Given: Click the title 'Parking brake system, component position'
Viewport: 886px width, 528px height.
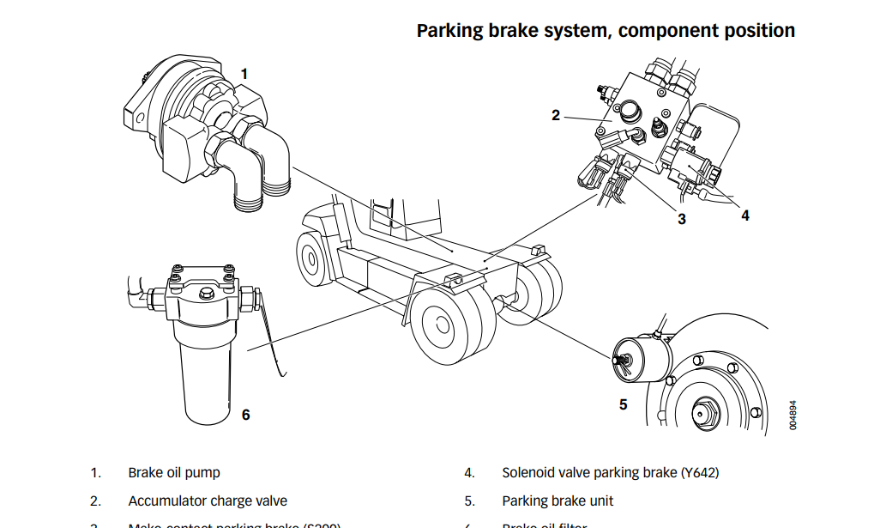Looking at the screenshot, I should tap(606, 31).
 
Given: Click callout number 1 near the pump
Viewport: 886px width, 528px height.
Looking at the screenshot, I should tap(244, 75).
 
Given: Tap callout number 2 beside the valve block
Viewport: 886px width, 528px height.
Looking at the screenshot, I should tap(556, 115).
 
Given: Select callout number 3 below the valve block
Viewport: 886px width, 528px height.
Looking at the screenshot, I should tap(682, 219).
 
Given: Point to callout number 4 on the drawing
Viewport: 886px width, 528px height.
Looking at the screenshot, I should tap(744, 215).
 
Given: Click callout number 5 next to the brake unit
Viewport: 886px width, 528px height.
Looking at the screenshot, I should tap(624, 404).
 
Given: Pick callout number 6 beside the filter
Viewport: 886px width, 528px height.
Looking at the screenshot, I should tap(245, 415).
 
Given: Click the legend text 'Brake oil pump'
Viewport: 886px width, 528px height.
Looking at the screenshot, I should tap(174, 472).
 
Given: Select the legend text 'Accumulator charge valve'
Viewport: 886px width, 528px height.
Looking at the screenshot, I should tap(208, 501).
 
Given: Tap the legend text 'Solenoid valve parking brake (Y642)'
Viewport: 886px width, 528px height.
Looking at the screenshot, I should tap(610, 472).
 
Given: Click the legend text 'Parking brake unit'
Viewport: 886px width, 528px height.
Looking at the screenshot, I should tap(558, 501).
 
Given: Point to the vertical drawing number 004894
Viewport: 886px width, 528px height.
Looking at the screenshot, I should tap(793, 414).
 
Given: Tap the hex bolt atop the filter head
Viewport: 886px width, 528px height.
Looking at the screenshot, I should tap(206, 294).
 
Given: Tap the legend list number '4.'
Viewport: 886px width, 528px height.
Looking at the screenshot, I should tap(469, 472).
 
